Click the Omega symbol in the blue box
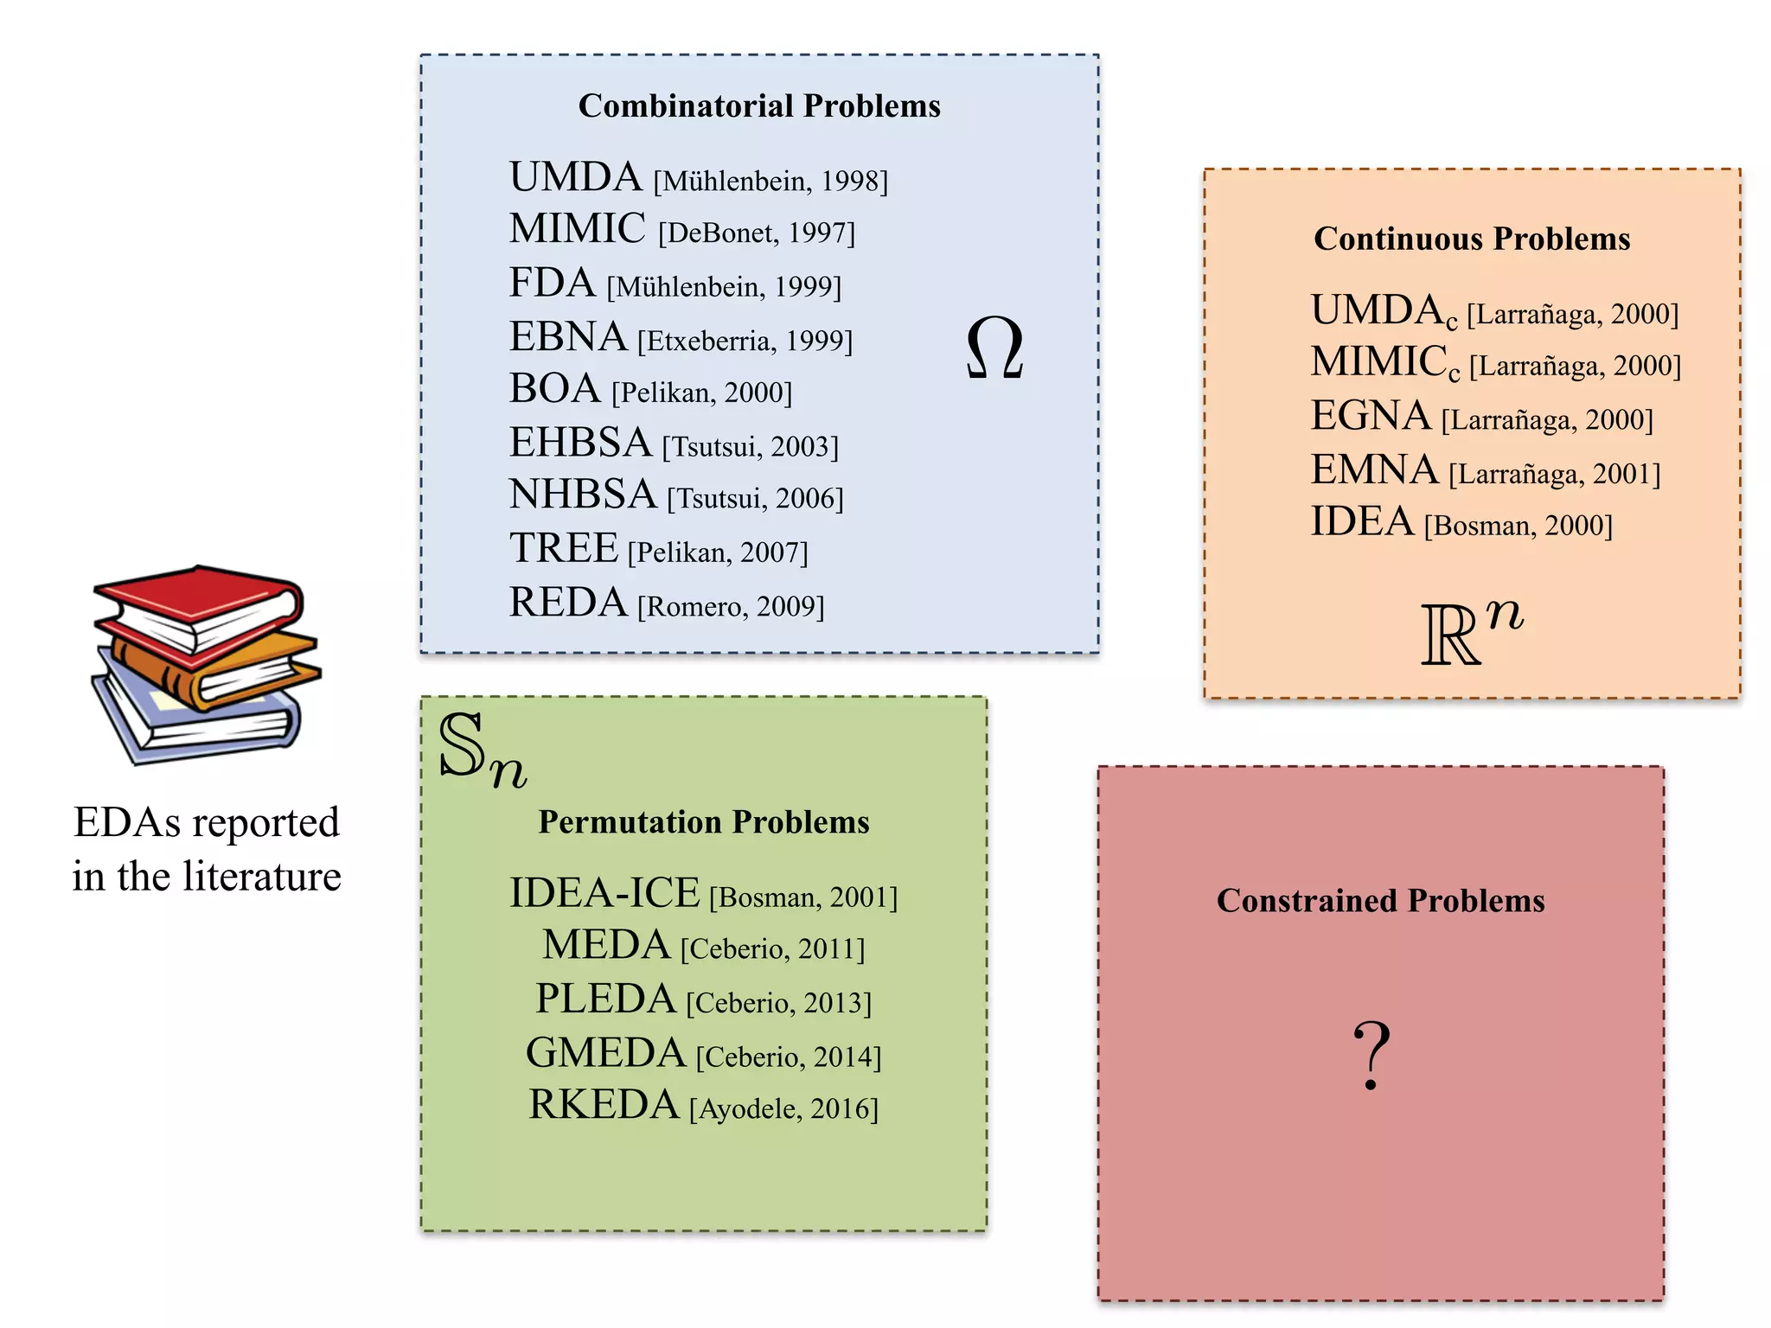tap(994, 348)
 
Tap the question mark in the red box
tap(1371, 1055)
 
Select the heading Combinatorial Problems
tap(759, 105)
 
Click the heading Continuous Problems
tap(1472, 239)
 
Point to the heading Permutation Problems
tap(704, 821)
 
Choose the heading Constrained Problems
tap(1380, 901)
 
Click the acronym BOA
tap(554, 389)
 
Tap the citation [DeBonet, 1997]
tap(757, 233)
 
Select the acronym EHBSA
tap(580, 443)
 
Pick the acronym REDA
tap(568, 603)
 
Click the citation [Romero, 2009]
tap(731, 607)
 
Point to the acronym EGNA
tap(1371, 416)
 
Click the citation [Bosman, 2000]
tap(1518, 526)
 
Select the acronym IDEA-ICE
tap(604, 893)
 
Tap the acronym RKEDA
tap(604, 1105)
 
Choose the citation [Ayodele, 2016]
tap(783, 1108)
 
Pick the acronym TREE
tap(564, 548)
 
